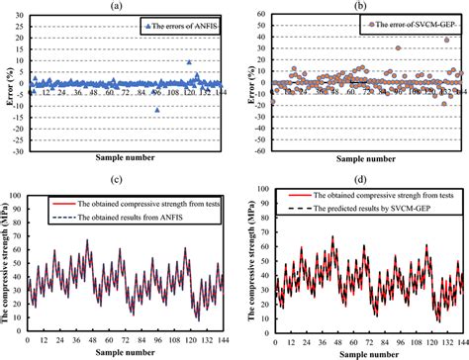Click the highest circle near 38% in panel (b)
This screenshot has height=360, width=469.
tap(446, 41)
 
